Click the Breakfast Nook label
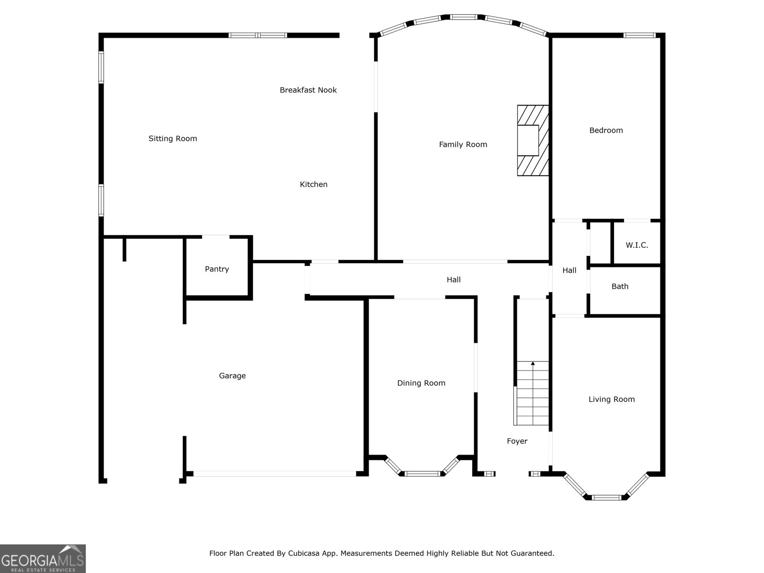pyautogui.click(x=308, y=90)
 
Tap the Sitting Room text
pyautogui.click(x=172, y=138)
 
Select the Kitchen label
pyautogui.click(x=313, y=184)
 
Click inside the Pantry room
pyautogui.click(x=217, y=269)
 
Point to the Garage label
pyautogui.click(x=232, y=376)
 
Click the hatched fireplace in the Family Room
pyautogui.click(x=532, y=140)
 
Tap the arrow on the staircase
pyautogui.click(x=533, y=364)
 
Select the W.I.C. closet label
pyautogui.click(x=637, y=245)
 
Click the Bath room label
pyautogui.click(x=620, y=286)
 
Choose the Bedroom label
pyautogui.click(x=606, y=130)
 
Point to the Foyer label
pyautogui.click(x=517, y=441)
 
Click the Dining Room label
pyautogui.click(x=421, y=383)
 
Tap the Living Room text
pyautogui.click(x=611, y=399)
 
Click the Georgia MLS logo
pyautogui.click(x=42, y=558)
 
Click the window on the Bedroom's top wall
pyautogui.click(x=639, y=35)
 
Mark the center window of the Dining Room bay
pyautogui.click(x=422, y=474)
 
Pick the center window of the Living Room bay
pyautogui.click(x=606, y=498)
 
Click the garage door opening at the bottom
pyautogui.click(x=274, y=474)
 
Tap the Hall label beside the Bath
pyautogui.click(x=569, y=270)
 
